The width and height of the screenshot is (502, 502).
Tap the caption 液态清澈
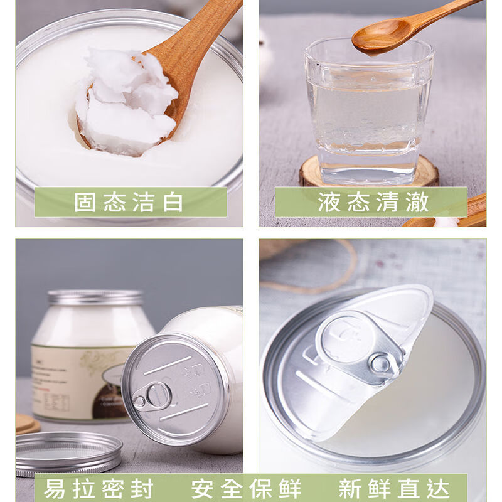[x=373, y=202]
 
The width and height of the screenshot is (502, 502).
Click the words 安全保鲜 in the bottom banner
[x=247, y=488]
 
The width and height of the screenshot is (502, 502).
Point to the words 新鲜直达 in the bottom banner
[x=394, y=488]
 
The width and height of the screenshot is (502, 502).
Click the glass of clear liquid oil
[x=368, y=113]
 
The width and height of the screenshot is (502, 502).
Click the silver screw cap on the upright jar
[x=95, y=298]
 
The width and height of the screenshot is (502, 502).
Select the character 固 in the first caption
[x=85, y=202]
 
